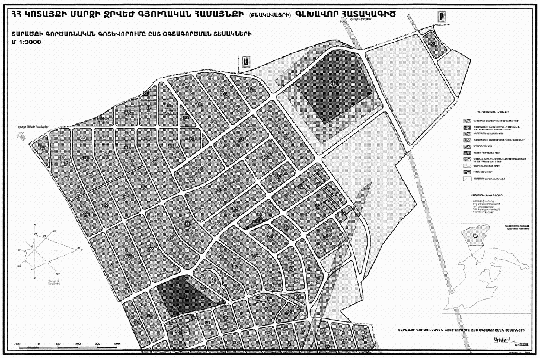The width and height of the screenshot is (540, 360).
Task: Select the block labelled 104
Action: tap(251, 89)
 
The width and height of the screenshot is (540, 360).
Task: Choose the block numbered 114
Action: tap(127, 147)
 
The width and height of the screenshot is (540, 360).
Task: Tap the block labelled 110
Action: tap(168, 106)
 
